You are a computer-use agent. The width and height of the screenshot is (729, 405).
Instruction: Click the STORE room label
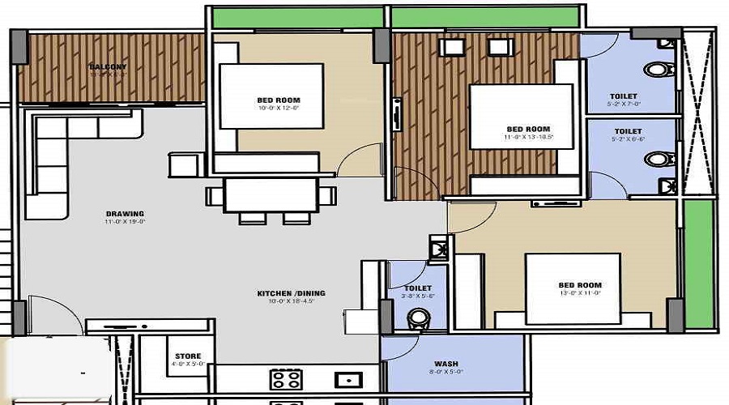188,356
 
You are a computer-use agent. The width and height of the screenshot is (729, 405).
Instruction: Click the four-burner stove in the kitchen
286,379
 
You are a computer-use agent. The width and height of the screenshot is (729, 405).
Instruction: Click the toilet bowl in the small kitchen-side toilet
416,318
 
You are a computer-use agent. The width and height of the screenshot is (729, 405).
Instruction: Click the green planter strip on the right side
698,263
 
